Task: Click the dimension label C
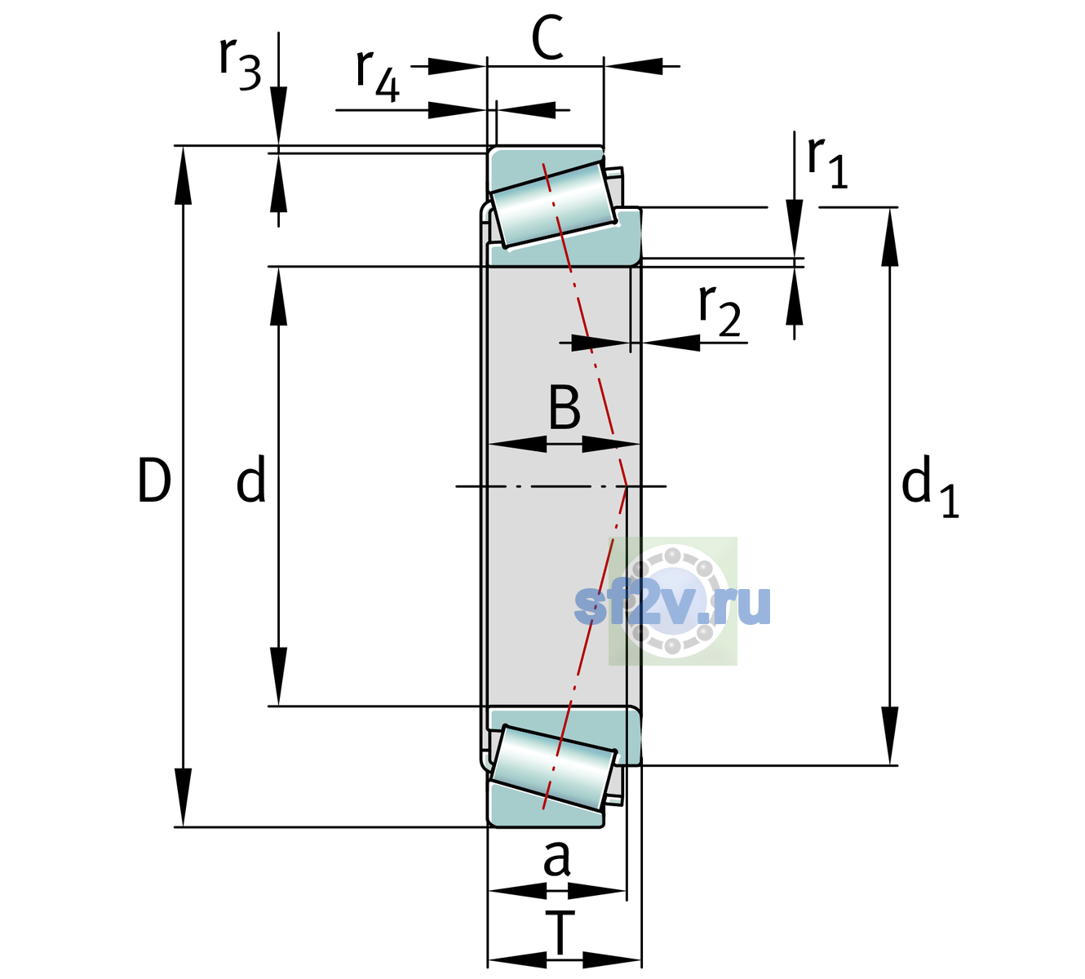click(547, 38)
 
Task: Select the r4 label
click(378, 75)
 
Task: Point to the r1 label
click(827, 162)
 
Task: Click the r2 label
click(720, 309)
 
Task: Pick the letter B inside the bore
click(565, 407)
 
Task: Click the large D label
click(154, 480)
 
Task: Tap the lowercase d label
click(251, 478)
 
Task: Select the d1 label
click(930, 485)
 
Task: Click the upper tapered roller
click(553, 205)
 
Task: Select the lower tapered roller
click(553, 768)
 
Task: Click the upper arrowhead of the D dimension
click(183, 175)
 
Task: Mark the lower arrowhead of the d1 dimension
click(890, 736)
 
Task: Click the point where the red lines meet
click(627, 486)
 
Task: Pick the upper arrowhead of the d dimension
click(278, 296)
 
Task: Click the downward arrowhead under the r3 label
click(278, 116)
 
